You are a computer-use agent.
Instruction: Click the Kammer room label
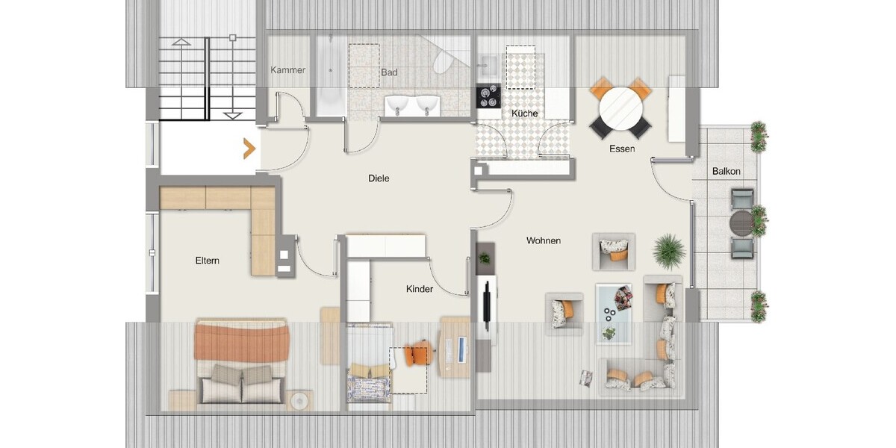[x=287, y=70]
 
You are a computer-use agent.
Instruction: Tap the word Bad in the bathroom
[x=389, y=72]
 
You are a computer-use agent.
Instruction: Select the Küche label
[x=524, y=113]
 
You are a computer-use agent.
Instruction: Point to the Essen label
[x=622, y=149]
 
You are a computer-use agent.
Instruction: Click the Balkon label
[x=726, y=171]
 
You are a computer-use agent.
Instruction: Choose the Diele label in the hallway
[x=379, y=178]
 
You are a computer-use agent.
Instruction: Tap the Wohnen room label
[x=544, y=240]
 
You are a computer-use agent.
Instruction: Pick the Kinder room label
[x=419, y=289]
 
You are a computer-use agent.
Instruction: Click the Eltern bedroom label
[x=208, y=261]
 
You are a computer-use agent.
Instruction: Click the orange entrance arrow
[x=250, y=149]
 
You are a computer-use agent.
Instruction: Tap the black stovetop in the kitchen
[x=488, y=96]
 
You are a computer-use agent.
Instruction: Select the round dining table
[x=620, y=108]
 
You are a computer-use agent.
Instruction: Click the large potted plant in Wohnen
[x=668, y=252]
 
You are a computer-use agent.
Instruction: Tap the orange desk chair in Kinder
[x=418, y=353]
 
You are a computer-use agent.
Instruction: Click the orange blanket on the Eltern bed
[x=242, y=341]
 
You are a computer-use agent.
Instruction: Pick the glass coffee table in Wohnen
[x=614, y=314]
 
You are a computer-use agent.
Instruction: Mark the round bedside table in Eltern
[x=299, y=400]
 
